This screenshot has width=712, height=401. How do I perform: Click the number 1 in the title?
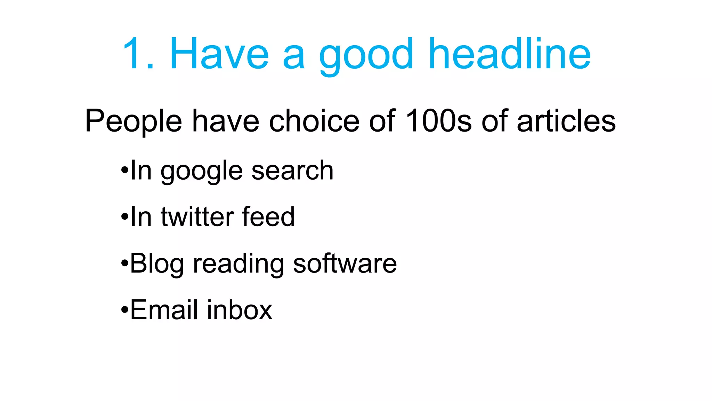(134, 54)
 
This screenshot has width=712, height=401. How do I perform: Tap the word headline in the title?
(509, 54)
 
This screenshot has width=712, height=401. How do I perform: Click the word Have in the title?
(219, 54)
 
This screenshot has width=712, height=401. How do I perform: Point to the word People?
(133, 121)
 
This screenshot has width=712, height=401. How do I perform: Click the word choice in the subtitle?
(314, 121)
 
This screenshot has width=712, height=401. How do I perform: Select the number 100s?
(438, 121)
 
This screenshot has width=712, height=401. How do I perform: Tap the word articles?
(566, 121)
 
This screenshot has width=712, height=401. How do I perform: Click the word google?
(201, 172)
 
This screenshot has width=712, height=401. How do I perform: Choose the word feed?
(268, 217)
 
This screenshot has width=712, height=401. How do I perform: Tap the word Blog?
(157, 264)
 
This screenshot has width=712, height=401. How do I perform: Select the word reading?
(238, 264)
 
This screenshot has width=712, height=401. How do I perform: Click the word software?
(345, 264)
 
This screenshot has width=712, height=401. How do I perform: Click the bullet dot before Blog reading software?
(124, 264)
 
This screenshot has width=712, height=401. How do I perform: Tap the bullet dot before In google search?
(124, 171)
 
